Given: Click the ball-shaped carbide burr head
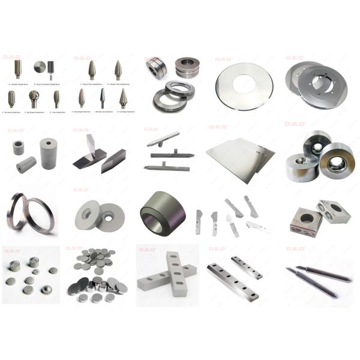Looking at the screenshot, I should click(x=34, y=95).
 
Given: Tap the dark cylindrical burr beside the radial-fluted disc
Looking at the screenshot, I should click(x=50, y=67).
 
